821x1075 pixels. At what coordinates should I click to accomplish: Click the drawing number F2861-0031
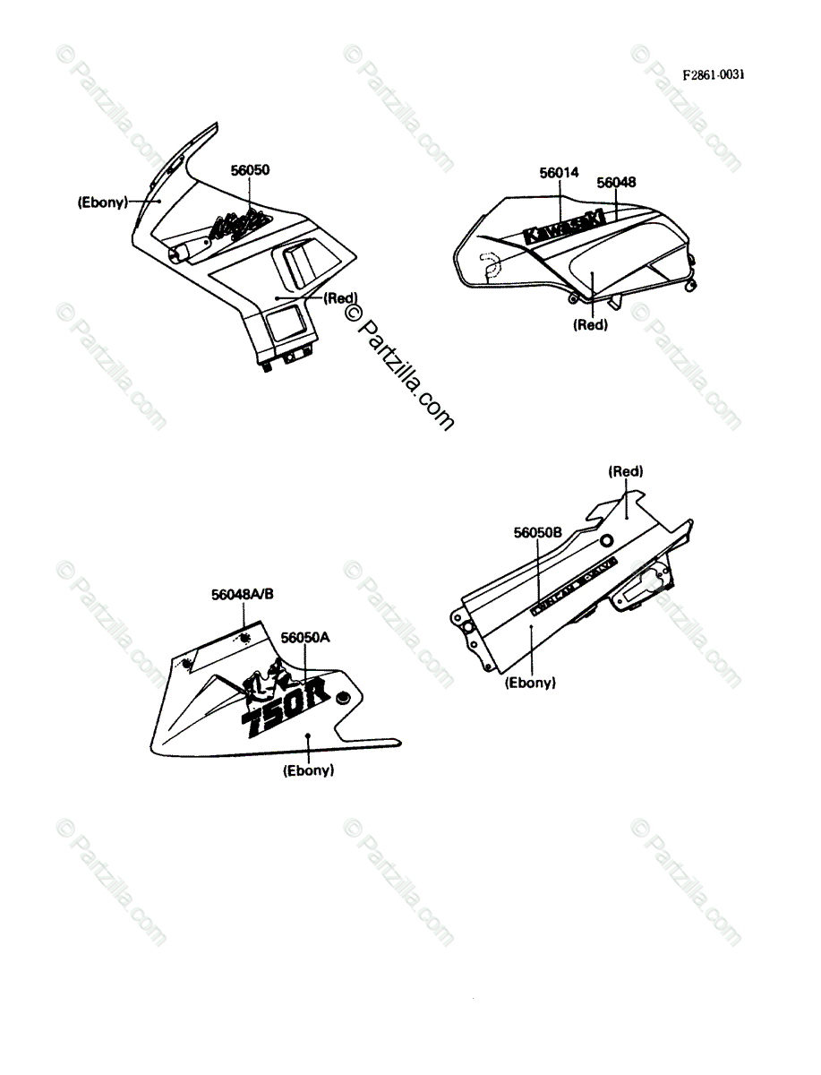point(713,75)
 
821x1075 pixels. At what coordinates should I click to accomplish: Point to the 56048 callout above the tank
point(616,183)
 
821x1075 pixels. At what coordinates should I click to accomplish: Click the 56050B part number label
point(537,532)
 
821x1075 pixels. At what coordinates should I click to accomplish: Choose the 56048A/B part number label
point(244,594)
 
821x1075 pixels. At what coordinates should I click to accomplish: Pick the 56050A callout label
point(306,638)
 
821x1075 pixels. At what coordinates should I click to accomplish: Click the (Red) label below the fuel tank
point(590,325)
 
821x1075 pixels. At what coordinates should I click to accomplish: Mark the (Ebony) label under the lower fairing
point(308,770)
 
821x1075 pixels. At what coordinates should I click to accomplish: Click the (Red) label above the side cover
point(626,471)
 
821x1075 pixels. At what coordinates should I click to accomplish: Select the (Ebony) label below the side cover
point(530,683)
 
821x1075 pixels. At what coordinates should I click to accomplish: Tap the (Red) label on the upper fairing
point(340,298)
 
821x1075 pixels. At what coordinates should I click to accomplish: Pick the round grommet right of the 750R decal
point(343,698)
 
